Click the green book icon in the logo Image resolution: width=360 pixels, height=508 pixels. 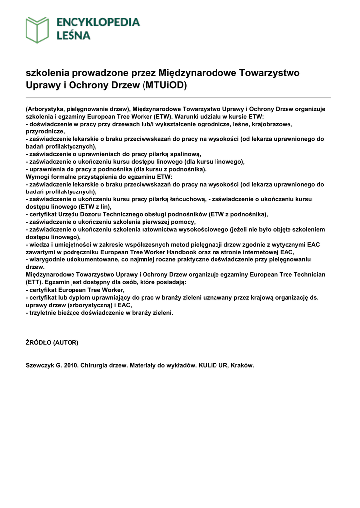tap(38, 29)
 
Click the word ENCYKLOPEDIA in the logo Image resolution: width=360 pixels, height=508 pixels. tap(98, 22)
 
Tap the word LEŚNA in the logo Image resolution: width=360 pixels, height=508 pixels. tap(73, 36)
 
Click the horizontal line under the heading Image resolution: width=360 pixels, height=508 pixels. tap(178, 97)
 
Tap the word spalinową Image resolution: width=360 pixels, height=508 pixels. tap(185, 154)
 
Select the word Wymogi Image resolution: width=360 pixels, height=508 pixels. tap(37, 176)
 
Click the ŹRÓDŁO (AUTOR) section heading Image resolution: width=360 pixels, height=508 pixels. tap(52, 342)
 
